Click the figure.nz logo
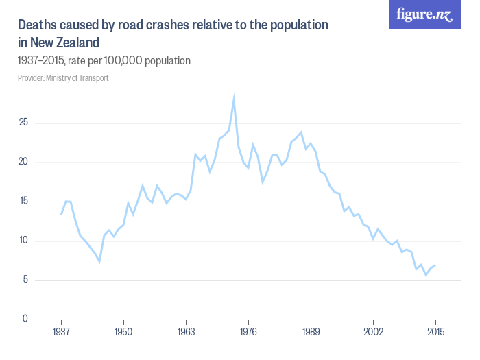pyautogui.click(x=424, y=14)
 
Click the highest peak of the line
pyautogui.click(x=234, y=99)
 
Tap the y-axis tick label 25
pyautogui.click(x=24, y=123)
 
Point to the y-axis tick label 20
pyautogui.click(x=24, y=163)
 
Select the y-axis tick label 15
pyautogui.click(x=24, y=202)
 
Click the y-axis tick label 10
pyautogui.click(x=24, y=241)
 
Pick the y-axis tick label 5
pyautogui.click(x=26, y=280)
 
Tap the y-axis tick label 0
pyautogui.click(x=26, y=319)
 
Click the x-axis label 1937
pyautogui.click(x=61, y=333)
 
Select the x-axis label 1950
pyautogui.click(x=123, y=333)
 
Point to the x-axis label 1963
pyautogui.click(x=186, y=333)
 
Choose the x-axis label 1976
pyautogui.click(x=248, y=333)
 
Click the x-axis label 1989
pyautogui.click(x=311, y=333)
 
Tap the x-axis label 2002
pyautogui.click(x=373, y=333)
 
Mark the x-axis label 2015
pyautogui.click(x=435, y=333)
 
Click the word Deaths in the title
pyautogui.click(x=37, y=25)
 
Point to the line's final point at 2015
pyautogui.click(x=435, y=265)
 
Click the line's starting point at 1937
pyautogui.click(x=61, y=215)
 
